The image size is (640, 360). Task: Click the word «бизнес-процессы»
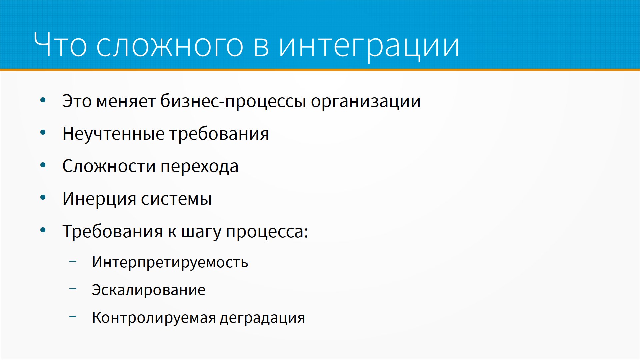[233, 101]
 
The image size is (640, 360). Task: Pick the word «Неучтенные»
[114, 134]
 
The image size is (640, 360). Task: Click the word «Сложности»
[109, 166]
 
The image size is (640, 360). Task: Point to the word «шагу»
[201, 232]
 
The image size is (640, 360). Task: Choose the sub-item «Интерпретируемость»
[170, 262]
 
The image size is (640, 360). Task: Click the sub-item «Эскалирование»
[149, 290]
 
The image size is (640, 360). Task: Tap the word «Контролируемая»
[154, 318]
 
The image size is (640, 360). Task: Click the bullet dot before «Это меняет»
[43, 100]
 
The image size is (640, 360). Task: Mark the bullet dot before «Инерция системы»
[43, 198]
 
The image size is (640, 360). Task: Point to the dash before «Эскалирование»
[73, 289]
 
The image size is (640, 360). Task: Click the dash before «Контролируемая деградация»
[73, 316]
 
